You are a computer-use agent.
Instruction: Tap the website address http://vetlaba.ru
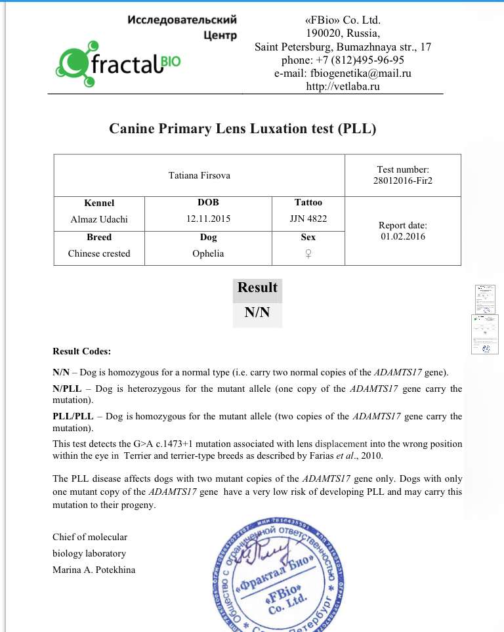[x=343, y=87]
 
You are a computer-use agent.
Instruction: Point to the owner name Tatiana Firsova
[x=199, y=175]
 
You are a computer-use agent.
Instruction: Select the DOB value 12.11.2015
[x=208, y=219]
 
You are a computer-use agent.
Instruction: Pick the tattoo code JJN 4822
[x=308, y=219]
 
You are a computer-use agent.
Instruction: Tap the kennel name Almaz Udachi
[x=99, y=219]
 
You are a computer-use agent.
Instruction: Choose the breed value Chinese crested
[x=99, y=253]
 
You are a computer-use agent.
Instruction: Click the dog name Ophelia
[x=208, y=253]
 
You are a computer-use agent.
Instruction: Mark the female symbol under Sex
[x=308, y=254]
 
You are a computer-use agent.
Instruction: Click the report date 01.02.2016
[x=404, y=236]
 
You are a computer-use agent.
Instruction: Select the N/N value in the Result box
[x=257, y=312]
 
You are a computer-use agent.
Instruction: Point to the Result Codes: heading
[x=82, y=351]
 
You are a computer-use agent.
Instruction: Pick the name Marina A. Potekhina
[x=94, y=570]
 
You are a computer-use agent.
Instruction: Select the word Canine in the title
[x=131, y=129]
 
